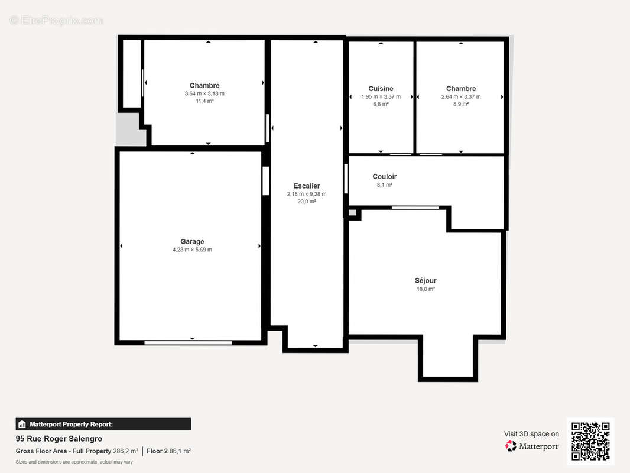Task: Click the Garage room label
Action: click(x=192, y=241)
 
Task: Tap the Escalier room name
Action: click(x=307, y=186)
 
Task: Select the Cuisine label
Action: click(x=381, y=89)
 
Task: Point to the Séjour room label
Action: click(x=426, y=280)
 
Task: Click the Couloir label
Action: click(x=385, y=176)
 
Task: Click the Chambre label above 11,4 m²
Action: click(x=204, y=86)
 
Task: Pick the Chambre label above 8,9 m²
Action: click(x=461, y=89)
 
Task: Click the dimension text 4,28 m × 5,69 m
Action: click(x=193, y=250)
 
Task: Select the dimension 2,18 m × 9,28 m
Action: click(x=307, y=194)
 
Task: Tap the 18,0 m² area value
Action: click(x=426, y=289)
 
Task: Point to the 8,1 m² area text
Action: click(x=385, y=185)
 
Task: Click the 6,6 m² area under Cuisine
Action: click(x=381, y=104)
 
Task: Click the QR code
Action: click(x=590, y=441)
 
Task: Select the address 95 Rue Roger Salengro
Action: click(x=59, y=439)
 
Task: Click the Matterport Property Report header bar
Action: click(x=103, y=425)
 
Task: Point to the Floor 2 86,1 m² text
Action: click(x=169, y=451)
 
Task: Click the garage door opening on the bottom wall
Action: click(x=188, y=343)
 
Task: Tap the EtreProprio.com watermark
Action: click(x=57, y=20)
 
